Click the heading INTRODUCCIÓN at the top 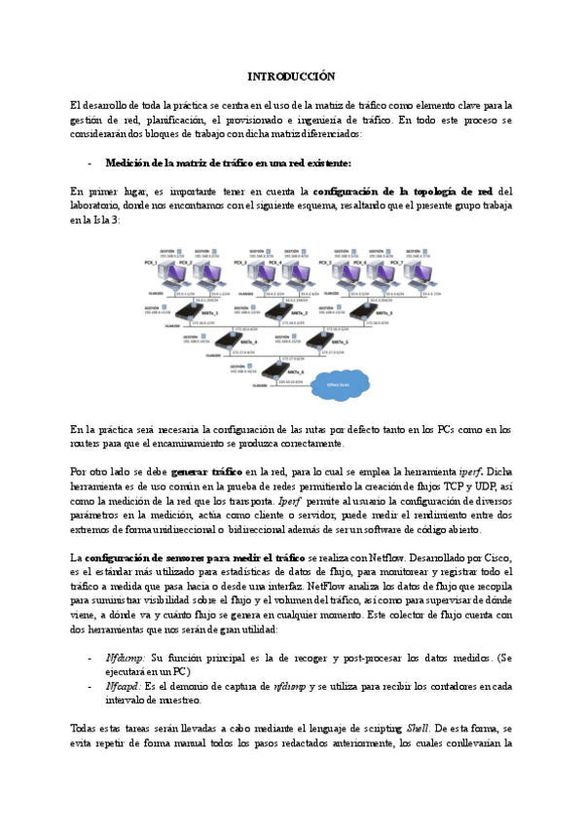click(291, 76)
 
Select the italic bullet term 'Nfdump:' click(127, 658)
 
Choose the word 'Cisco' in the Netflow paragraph click(495, 556)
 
